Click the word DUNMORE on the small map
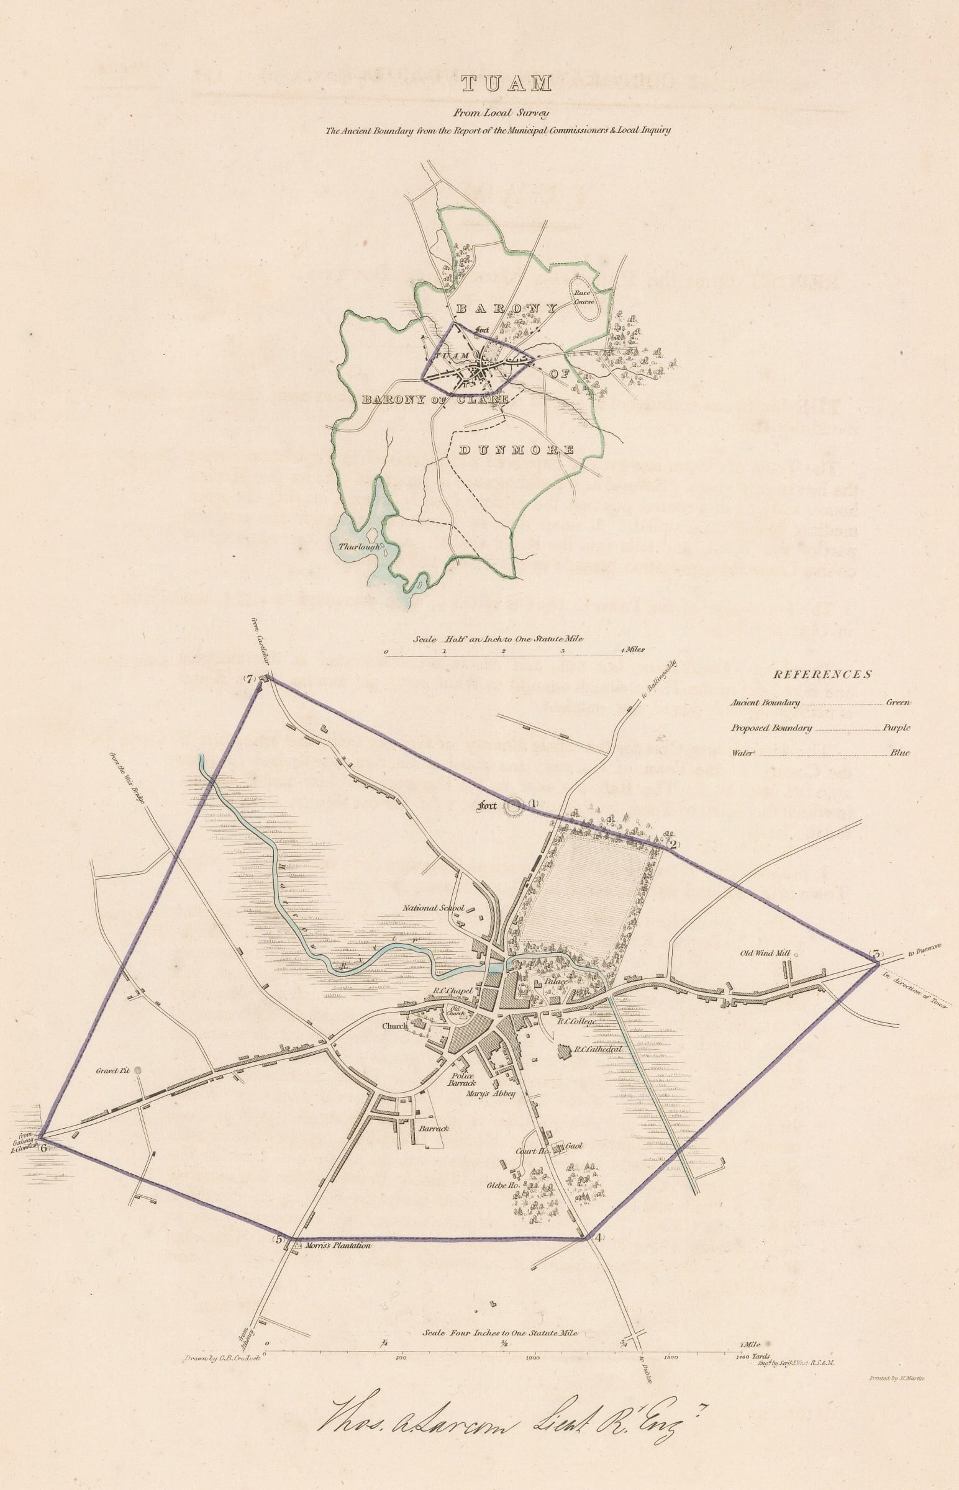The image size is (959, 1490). (516, 450)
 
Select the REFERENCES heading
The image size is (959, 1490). (822, 674)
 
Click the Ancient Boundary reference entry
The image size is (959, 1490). (765, 703)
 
